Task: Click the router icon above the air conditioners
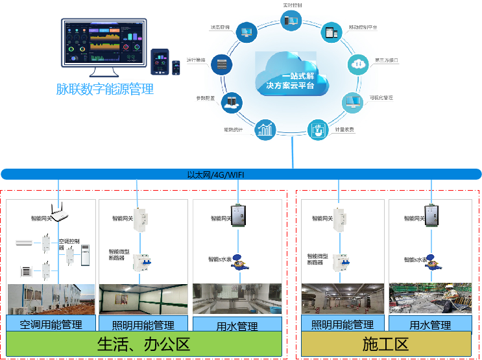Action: [59, 211]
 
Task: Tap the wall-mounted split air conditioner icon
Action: [24, 243]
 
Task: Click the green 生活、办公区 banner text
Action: [144, 344]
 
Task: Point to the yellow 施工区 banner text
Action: [385, 344]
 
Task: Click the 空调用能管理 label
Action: [51, 324]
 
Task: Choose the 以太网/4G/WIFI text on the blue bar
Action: [216, 174]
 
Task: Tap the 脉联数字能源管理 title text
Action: [105, 90]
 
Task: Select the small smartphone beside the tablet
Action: [176, 67]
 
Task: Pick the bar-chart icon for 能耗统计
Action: [265, 128]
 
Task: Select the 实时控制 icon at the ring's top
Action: [291, 21]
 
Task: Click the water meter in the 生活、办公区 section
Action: [238, 262]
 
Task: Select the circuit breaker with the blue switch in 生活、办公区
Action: [141, 263]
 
